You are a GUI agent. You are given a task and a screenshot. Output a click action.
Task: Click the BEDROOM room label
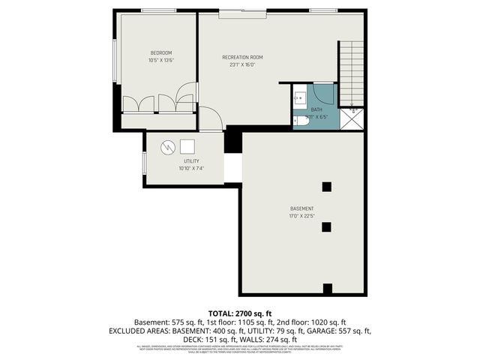(x=160, y=52)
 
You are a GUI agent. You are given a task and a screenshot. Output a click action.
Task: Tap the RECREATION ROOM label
(x=242, y=57)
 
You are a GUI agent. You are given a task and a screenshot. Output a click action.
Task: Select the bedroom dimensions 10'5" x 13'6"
(x=160, y=60)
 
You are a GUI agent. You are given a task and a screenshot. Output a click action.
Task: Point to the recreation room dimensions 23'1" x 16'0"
(x=242, y=64)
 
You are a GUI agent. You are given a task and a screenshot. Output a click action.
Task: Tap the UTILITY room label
(x=191, y=161)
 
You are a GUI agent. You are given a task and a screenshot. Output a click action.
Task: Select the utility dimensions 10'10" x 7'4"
(x=191, y=169)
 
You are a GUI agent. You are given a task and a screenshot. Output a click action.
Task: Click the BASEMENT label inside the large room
(x=302, y=208)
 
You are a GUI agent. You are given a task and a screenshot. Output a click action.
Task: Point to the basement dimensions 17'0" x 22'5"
(x=302, y=216)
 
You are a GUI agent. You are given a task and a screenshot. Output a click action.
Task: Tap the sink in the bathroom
(x=299, y=96)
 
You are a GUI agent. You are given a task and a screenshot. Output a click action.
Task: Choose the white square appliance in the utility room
(x=187, y=146)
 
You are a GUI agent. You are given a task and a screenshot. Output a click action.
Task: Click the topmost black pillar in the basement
(x=326, y=186)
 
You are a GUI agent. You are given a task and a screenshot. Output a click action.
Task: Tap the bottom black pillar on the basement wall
(x=327, y=289)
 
